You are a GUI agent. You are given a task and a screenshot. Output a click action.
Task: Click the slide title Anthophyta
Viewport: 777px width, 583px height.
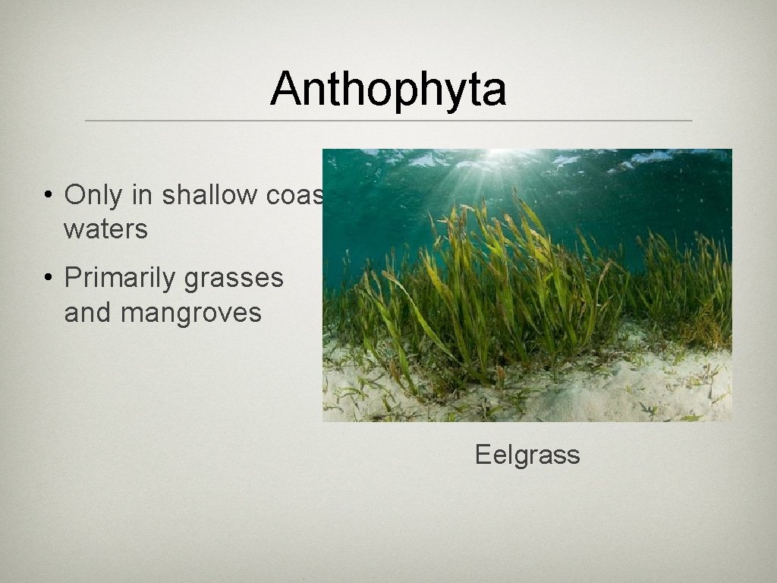tap(388, 89)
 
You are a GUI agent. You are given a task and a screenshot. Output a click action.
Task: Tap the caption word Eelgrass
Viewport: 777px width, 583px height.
tap(527, 455)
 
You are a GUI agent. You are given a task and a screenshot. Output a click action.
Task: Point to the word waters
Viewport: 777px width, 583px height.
tap(105, 228)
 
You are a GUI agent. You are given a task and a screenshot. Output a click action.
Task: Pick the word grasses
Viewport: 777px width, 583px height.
tap(234, 278)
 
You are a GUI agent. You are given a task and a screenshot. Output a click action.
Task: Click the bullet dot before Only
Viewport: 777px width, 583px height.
tap(47, 196)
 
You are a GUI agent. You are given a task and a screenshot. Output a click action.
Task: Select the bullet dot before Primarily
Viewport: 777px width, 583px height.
tap(47, 279)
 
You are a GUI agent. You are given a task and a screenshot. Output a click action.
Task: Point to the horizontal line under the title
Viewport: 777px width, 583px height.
tap(388, 121)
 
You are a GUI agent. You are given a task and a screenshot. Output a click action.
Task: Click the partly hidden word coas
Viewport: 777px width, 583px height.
tap(294, 195)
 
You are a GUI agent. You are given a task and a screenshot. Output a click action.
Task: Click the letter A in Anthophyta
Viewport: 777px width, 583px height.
tap(284, 89)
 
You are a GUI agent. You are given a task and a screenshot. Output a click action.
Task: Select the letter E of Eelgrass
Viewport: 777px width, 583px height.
tap(483, 455)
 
